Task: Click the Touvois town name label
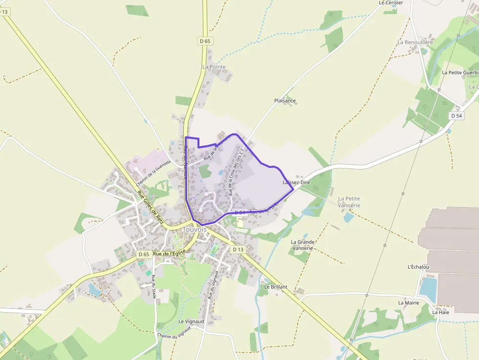195,229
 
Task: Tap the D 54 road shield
456,116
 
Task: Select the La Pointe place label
214,66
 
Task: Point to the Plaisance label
285,101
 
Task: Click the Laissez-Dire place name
296,182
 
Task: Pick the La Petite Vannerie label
349,202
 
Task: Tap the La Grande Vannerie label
303,245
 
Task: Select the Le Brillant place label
276,287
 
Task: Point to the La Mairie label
409,302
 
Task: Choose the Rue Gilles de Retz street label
151,207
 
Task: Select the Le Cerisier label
391,2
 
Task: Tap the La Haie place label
440,312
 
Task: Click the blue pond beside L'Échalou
427,288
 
